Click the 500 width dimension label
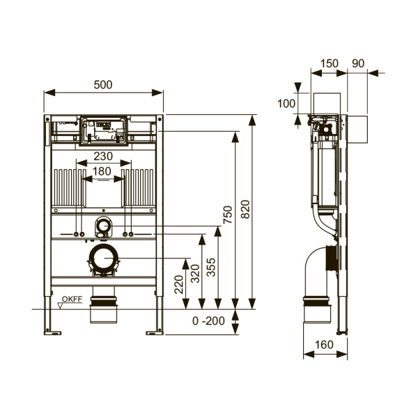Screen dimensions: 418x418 tap(103, 85)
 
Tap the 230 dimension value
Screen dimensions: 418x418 tap(103, 156)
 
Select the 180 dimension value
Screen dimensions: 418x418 tap(102, 171)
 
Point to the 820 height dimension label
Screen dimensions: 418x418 tap(245, 209)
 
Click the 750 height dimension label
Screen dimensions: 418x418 tap(228, 215)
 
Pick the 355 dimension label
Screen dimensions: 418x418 tap(211, 268)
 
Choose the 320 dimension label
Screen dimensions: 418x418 tap(195, 273)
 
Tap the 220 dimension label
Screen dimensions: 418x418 tap(179, 284)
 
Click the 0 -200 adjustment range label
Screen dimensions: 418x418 tap(208, 321)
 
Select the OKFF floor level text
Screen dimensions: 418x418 tap(72, 299)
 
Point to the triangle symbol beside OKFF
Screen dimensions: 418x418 tap(61, 306)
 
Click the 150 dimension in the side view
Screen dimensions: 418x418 tap(330, 63)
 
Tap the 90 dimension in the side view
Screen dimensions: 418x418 tap(358, 63)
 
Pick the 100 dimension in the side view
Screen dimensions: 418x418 tap(286, 103)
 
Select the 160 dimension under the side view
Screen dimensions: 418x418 tap(324, 345)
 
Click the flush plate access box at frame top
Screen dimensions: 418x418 tap(103, 131)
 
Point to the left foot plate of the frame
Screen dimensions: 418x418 tap(52, 333)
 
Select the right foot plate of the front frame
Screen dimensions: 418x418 tap(155, 333)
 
